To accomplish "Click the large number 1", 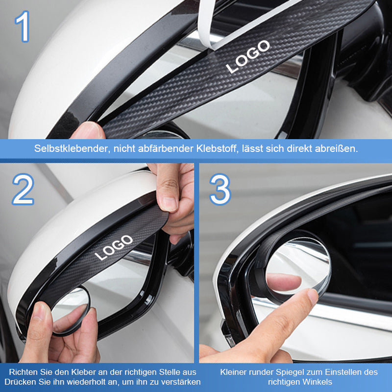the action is click(23, 26).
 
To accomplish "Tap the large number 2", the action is click(23, 189).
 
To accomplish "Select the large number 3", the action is click(220, 189).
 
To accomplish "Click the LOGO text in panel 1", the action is click(248, 57).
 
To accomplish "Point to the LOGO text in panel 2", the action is click(114, 247).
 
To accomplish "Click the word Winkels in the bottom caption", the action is click(317, 382).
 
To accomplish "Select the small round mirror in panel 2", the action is click(71, 311).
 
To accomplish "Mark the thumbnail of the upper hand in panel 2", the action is click(169, 204).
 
